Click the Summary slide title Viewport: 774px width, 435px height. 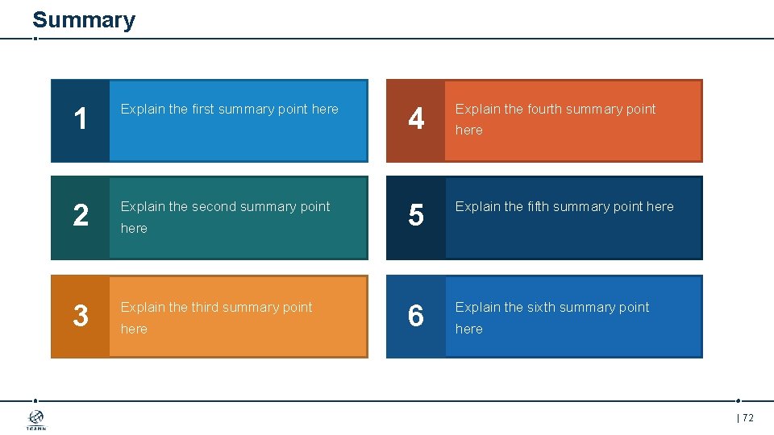click(x=84, y=19)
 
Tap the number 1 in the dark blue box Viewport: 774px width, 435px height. click(x=80, y=120)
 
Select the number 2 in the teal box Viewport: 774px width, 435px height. click(x=80, y=216)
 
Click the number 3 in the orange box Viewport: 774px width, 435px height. click(x=80, y=316)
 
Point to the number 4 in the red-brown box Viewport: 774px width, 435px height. click(x=415, y=120)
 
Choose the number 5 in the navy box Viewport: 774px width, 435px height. click(x=415, y=216)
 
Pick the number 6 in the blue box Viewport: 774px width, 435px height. click(x=415, y=316)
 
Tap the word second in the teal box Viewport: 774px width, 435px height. click(x=215, y=206)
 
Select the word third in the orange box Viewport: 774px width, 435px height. click(x=206, y=307)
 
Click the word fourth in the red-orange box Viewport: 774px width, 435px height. click(x=546, y=109)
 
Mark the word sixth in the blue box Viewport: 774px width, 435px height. click(x=543, y=307)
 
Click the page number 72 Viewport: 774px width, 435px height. click(x=747, y=417)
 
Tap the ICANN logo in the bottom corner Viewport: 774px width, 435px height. click(x=36, y=420)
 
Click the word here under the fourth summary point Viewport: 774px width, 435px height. click(x=468, y=130)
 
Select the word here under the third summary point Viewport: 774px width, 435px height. click(x=134, y=329)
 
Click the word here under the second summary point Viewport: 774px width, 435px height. click(x=134, y=228)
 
